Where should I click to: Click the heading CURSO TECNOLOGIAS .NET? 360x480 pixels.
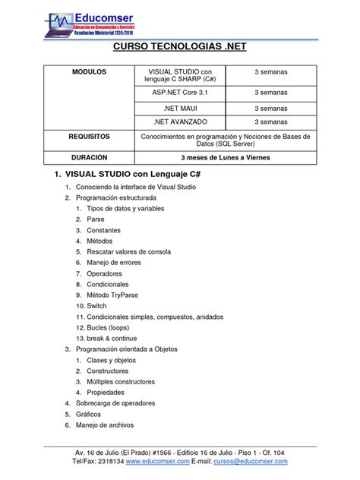[x=179, y=49]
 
